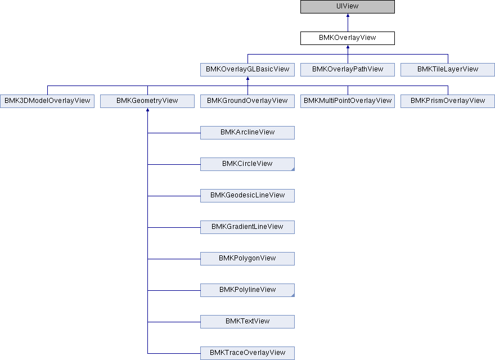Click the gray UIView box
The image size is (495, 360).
(x=348, y=7)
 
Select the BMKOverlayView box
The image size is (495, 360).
(x=348, y=38)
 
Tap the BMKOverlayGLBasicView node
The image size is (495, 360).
(x=247, y=70)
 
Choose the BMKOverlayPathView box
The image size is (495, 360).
(x=348, y=70)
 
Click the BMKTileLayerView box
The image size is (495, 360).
(x=448, y=70)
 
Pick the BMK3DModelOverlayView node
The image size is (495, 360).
(x=47, y=101)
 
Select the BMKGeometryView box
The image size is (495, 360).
(x=147, y=101)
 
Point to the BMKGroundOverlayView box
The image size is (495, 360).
(x=247, y=101)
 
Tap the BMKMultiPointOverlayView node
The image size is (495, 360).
(x=348, y=101)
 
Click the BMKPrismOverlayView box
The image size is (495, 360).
(x=448, y=101)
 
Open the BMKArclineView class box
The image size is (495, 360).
(x=247, y=133)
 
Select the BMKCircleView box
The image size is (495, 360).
(x=247, y=164)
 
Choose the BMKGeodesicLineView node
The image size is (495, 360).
(x=247, y=196)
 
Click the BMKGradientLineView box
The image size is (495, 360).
(x=247, y=227)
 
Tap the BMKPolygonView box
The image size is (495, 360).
(x=247, y=259)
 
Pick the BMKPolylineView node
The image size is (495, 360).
(x=247, y=290)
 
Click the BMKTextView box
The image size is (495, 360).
(x=247, y=322)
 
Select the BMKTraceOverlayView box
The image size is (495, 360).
(x=247, y=353)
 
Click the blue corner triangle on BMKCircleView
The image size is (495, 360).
(x=293, y=169)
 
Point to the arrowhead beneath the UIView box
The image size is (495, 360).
(x=348, y=15)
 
